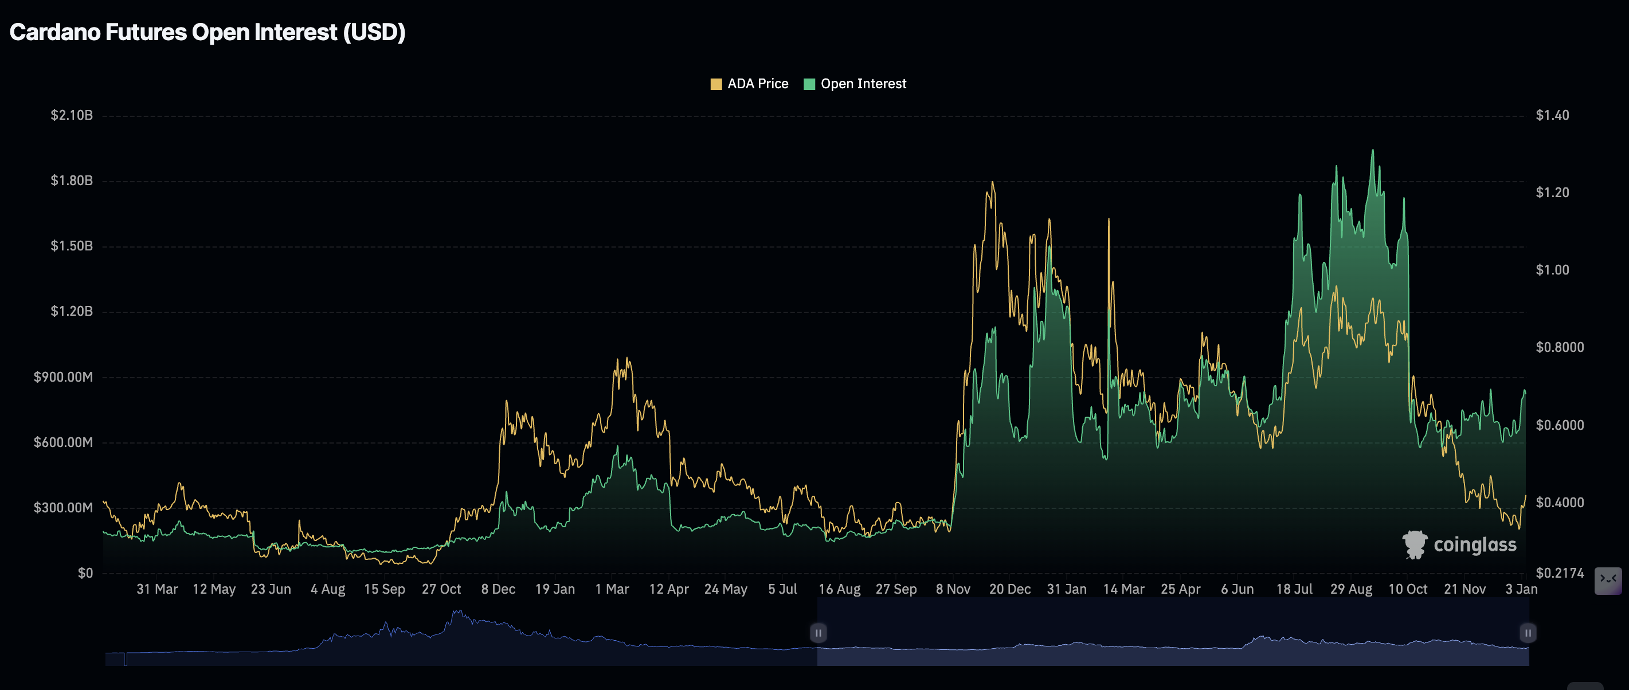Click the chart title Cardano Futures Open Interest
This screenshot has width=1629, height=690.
(207, 32)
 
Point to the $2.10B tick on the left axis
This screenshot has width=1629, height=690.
(72, 115)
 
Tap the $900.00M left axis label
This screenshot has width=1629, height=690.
(63, 378)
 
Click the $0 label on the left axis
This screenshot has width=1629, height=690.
(85, 573)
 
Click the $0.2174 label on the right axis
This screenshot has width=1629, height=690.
(1560, 573)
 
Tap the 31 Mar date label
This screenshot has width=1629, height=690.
(157, 590)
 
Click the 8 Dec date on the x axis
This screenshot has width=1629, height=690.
(498, 590)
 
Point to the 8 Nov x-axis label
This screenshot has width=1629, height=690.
(953, 590)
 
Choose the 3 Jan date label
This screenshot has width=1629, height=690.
(1521, 590)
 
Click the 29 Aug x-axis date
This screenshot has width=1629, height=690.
(1351, 590)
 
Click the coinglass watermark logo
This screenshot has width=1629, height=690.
(1459, 544)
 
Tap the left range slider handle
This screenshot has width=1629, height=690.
(819, 633)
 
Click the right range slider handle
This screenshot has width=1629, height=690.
(1528, 633)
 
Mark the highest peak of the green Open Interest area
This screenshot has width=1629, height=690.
(1372, 151)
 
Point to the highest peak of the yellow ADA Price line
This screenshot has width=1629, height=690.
(992, 183)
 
